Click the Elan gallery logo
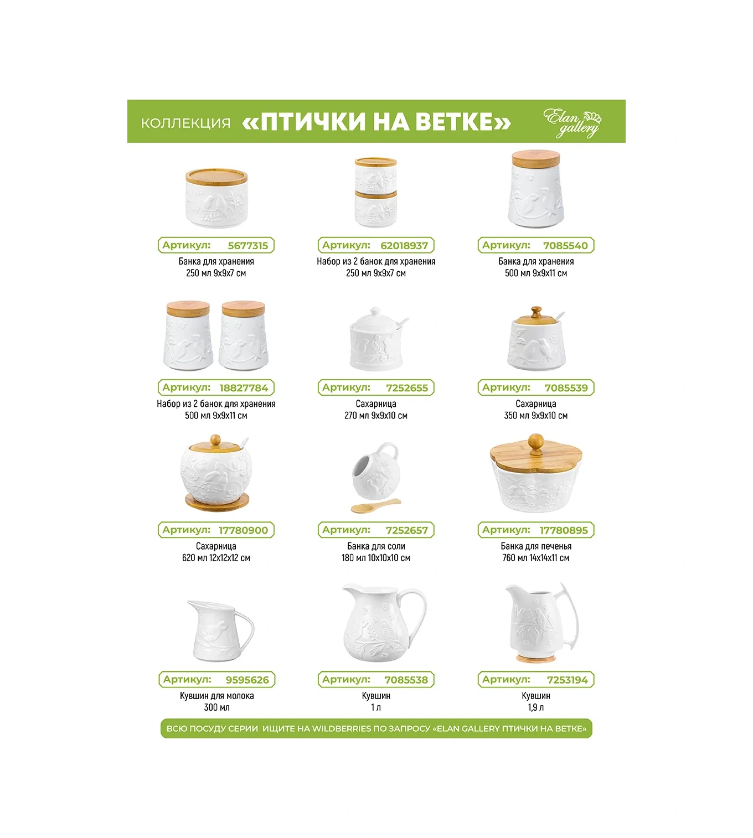coord(572,123)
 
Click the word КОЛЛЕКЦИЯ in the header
coord(186,123)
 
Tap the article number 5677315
coord(248,245)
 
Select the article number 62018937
coord(404,245)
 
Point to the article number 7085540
coord(565,245)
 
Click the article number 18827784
coord(244,387)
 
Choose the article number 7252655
coord(407,387)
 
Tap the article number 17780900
coord(243,530)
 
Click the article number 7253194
coord(567,680)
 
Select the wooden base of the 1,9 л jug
coord(536,658)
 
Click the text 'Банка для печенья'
coord(536,546)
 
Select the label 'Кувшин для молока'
coord(217,696)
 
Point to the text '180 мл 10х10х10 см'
coord(376,557)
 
